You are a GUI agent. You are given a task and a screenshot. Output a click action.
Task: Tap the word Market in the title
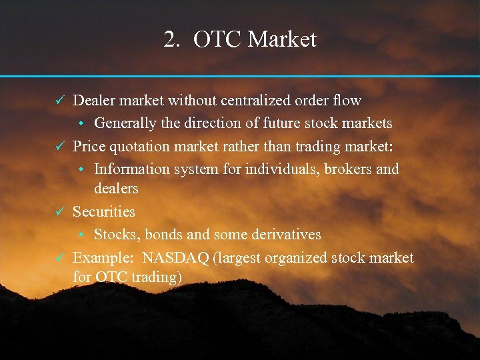(282, 39)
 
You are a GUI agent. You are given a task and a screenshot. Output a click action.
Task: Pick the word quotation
(141, 146)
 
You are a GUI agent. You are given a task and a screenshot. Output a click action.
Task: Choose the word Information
(132, 169)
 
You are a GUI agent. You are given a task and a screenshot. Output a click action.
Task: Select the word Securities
(103, 212)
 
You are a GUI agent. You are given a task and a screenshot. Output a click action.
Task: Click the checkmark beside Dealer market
(59, 101)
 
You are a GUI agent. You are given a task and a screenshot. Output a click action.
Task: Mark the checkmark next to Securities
(59, 212)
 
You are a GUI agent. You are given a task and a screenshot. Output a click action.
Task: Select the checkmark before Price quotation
(59, 146)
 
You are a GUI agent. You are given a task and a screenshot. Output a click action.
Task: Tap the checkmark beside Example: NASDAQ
(59, 258)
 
